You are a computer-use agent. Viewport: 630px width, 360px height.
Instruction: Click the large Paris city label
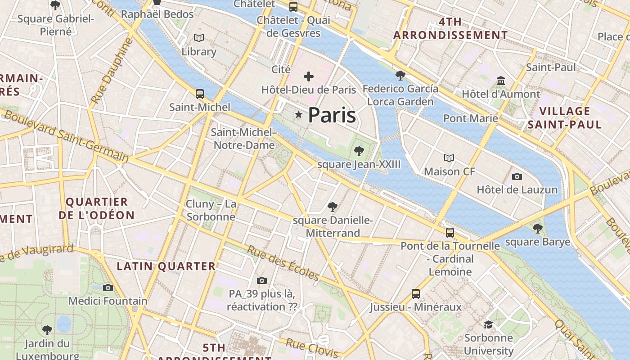(x=332, y=115)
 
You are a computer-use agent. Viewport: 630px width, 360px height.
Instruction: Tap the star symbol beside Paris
(x=298, y=115)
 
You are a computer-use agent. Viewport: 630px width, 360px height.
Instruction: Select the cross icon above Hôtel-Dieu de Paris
(x=308, y=76)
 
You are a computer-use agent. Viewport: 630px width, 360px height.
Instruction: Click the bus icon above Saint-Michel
(x=200, y=94)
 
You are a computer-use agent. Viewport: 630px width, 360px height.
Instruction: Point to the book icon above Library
(x=199, y=38)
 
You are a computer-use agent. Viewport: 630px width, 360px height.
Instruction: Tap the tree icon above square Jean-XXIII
(x=359, y=151)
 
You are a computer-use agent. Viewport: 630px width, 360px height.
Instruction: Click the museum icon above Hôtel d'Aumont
(x=500, y=81)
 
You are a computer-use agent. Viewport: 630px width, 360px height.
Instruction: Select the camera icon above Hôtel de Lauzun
(x=517, y=176)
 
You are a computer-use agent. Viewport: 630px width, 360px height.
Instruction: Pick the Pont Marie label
(x=471, y=118)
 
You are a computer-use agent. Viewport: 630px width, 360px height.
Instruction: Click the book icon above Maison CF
(x=449, y=158)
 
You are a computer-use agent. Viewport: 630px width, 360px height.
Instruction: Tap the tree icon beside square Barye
(x=537, y=228)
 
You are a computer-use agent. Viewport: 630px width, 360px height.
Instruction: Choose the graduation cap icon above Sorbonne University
(x=488, y=324)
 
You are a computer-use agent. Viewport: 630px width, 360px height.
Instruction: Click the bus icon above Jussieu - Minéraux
(x=416, y=294)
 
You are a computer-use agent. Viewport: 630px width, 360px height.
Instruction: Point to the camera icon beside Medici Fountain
(x=108, y=288)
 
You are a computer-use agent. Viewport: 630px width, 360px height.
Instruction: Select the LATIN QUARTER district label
(x=166, y=266)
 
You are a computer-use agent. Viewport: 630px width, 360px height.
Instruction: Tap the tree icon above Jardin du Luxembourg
(x=47, y=330)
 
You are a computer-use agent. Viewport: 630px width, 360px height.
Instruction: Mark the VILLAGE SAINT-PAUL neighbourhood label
(x=565, y=118)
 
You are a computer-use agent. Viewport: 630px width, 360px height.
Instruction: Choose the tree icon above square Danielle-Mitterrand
(x=333, y=207)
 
